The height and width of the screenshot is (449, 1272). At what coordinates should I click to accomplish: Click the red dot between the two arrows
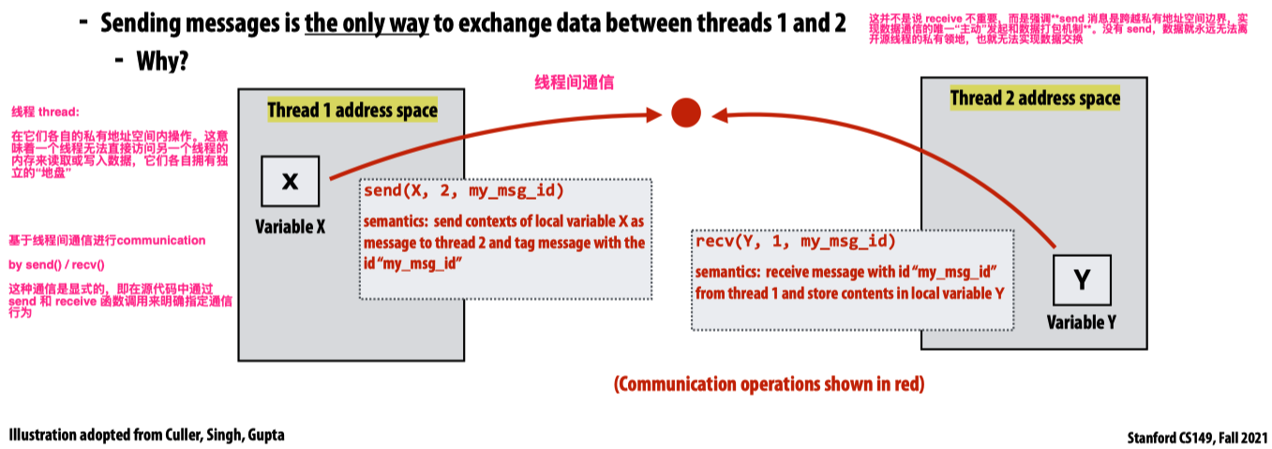[686, 113]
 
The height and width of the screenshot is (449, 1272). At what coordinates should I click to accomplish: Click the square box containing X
[291, 181]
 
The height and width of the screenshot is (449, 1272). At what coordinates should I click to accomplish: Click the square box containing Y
[1081, 280]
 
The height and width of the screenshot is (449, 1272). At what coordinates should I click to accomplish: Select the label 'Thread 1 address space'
[352, 111]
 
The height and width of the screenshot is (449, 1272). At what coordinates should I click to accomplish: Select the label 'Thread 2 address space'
[1035, 98]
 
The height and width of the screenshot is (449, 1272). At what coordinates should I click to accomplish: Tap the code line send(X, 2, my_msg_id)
[464, 192]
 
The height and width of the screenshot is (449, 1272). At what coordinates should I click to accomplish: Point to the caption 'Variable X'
[290, 226]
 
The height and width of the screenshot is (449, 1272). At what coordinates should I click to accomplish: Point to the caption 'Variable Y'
[1081, 322]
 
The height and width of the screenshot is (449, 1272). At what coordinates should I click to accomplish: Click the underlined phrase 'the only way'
[367, 23]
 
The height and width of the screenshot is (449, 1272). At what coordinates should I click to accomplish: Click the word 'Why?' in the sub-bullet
[163, 63]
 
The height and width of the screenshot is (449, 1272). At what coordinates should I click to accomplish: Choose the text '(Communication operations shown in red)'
[769, 384]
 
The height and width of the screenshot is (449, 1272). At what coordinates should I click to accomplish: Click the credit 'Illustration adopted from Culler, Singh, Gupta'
[146, 436]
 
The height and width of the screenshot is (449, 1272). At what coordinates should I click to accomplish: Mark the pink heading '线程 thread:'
[45, 111]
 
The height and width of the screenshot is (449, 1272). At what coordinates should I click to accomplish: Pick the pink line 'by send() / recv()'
[56, 264]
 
